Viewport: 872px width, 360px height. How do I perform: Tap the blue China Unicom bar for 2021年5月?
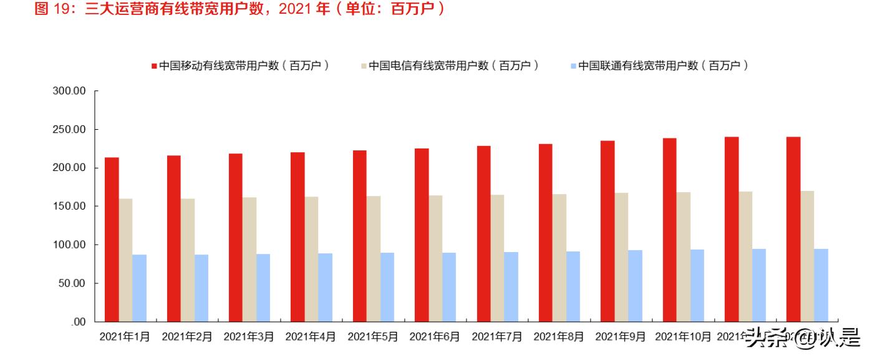click(x=387, y=287)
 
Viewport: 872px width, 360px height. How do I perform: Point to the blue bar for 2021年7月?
click(x=511, y=287)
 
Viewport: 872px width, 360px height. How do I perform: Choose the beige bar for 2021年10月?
click(x=683, y=257)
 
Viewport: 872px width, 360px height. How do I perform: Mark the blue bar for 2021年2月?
click(x=201, y=288)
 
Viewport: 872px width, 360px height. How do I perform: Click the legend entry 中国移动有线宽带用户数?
click(x=243, y=65)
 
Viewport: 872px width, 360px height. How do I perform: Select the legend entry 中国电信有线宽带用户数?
click(x=453, y=65)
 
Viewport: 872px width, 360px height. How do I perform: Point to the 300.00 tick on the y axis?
click(x=69, y=91)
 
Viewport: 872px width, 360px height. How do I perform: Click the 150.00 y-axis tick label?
click(x=69, y=207)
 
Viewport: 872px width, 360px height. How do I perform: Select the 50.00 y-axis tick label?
click(x=72, y=283)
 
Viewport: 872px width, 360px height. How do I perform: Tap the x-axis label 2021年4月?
click(x=311, y=337)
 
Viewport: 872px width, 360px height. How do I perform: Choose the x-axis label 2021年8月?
click(x=559, y=337)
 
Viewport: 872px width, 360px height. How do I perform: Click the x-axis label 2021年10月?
click(x=683, y=337)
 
